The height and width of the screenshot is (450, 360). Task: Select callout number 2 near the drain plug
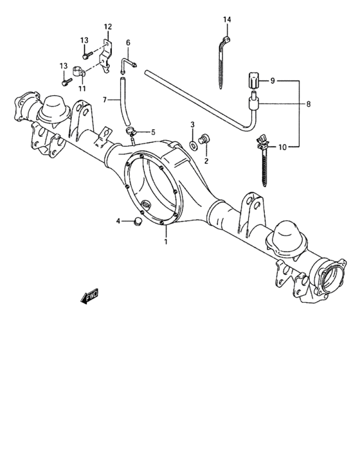206,160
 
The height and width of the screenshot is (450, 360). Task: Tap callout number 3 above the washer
192,123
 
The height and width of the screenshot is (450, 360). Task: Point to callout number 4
118,221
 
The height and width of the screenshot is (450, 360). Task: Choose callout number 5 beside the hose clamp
153,132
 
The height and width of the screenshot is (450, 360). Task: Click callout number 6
128,43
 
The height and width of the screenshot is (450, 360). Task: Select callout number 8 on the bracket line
309,103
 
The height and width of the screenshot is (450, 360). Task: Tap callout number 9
272,81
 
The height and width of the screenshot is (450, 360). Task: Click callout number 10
282,147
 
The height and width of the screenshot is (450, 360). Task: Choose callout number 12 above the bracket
107,27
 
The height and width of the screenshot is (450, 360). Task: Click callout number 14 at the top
226,20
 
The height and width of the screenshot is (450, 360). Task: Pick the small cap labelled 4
136,222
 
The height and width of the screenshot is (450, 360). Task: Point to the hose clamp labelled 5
131,133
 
